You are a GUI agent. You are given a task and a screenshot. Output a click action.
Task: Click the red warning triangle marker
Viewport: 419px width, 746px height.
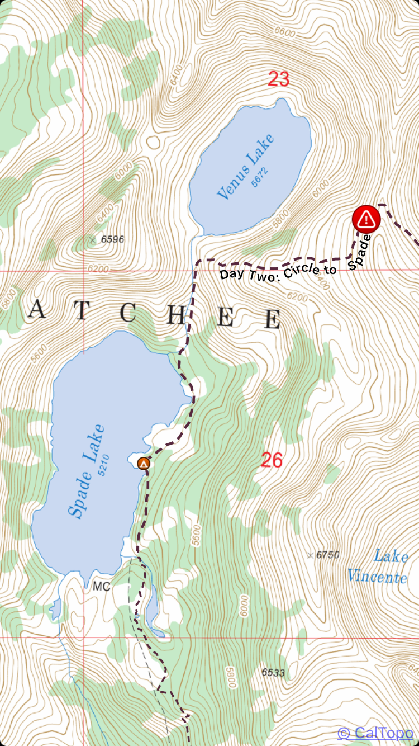pyautogui.click(x=366, y=219)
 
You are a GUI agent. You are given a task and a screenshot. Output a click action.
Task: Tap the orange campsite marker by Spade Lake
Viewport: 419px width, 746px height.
pyautogui.click(x=144, y=464)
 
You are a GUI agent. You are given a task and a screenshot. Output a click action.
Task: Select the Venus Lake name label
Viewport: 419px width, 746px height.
pyautogui.click(x=246, y=167)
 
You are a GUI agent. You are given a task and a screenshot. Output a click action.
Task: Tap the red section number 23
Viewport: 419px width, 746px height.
pyautogui.click(x=278, y=79)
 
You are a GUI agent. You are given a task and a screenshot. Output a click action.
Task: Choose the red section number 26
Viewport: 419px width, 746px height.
pyautogui.click(x=272, y=460)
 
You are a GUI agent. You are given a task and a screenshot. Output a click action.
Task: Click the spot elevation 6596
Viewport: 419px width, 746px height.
pyautogui.click(x=113, y=239)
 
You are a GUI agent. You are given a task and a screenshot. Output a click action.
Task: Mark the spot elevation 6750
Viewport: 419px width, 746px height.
pyautogui.click(x=327, y=555)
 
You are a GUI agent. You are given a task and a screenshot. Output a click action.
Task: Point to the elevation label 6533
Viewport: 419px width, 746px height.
pyautogui.click(x=273, y=673)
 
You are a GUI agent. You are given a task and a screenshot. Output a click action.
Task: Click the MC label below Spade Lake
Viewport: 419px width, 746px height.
pyautogui.click(x=101, y=587)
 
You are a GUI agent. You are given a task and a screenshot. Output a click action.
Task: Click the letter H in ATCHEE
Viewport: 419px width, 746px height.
pyautogui.click(x=177, y=316)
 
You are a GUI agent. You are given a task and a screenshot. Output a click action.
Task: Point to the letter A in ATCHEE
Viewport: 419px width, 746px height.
pyautogui.click(x=37, y=309)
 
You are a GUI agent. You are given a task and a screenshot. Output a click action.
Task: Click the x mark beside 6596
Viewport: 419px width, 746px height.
pyautogui.click(x=93, y=240)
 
